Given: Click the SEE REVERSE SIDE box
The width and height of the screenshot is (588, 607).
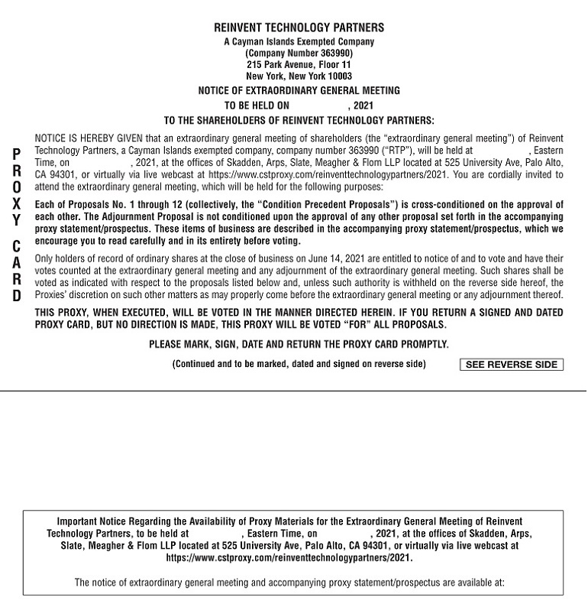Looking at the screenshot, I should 511,365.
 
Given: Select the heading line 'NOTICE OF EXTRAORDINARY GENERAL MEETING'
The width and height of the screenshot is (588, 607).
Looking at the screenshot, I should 299,90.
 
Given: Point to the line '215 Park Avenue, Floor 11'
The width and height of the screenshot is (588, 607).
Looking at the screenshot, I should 299,65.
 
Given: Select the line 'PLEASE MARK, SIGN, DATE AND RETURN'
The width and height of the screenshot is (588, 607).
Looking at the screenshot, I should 299,345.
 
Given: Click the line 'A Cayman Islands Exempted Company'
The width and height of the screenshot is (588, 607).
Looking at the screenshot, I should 299,42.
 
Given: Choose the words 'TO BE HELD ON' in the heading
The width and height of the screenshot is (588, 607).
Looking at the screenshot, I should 257,105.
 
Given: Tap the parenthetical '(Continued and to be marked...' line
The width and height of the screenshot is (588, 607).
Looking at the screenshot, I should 299,364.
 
